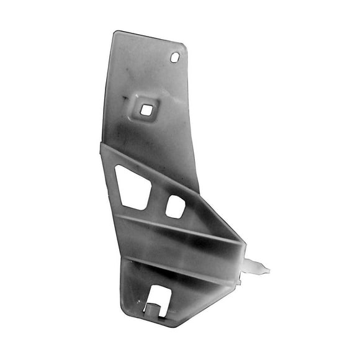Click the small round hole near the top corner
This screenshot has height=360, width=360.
(175, 57)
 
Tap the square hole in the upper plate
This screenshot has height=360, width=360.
(146, 110)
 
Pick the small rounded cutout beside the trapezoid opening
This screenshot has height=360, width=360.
(175, 207)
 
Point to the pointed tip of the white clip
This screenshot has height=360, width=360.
(268, 269)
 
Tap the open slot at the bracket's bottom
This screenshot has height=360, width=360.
(156, 303)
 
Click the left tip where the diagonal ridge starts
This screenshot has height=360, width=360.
(102, 146)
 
